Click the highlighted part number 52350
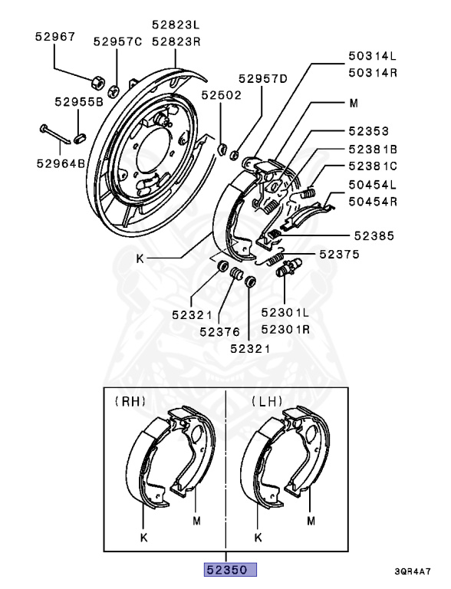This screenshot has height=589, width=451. click(230, 570)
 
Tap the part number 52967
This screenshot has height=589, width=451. click(55, 37)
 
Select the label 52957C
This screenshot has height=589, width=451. click(117, 41)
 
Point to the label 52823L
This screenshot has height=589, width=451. click(176, 25)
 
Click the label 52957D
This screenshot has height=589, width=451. click(263, 78)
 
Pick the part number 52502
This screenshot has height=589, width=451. click(221, 95)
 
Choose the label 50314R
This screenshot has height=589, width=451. click(373, 72)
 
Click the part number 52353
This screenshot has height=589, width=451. click(369, 131)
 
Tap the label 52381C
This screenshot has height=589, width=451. click(373, 166)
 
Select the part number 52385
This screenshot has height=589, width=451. click(374, 236)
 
